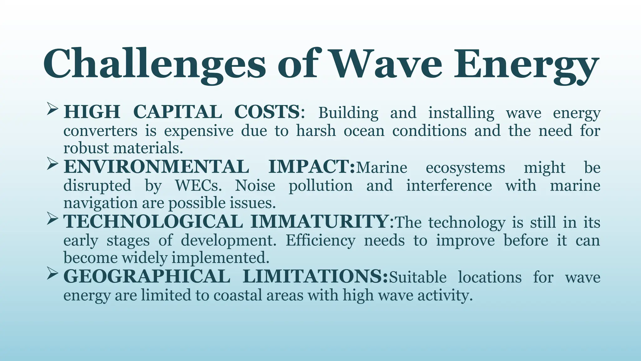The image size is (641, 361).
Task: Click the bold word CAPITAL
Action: pos(178,112)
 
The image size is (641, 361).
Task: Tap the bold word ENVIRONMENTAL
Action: pos(156,167)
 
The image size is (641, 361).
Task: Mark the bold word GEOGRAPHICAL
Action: pos(147,276)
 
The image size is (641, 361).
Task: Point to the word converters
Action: pos(100,131)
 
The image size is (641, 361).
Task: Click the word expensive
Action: pos(199,131)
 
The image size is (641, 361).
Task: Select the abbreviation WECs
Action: pos(198,186)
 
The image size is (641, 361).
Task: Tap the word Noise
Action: pos(255,186)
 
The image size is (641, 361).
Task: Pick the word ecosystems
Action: pos(465,168)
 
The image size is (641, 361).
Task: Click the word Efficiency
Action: pos(320,241)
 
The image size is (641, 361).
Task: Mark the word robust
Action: pos(86,148)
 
